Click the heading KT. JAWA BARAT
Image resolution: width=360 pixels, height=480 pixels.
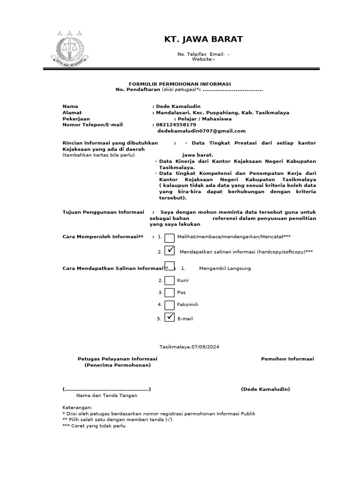[203, 39]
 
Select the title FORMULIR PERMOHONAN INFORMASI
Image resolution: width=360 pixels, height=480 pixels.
[180, 83]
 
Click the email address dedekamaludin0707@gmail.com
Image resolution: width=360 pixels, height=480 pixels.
[201, 131]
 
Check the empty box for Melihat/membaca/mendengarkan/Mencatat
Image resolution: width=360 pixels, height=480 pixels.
[170, 238]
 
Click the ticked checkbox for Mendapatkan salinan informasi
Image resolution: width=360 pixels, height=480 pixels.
[170, 251]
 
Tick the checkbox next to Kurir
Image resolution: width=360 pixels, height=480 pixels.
[170, 280]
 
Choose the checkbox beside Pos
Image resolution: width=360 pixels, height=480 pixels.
[170, 292]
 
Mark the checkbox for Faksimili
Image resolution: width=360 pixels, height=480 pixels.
[170, 305]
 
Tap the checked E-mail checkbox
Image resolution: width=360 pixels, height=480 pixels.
[170, 318]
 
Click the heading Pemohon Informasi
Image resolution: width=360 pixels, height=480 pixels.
[287, 359]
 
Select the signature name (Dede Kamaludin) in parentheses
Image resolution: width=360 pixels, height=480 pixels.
[265, 389]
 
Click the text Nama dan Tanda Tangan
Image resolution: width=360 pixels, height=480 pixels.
[107, 396]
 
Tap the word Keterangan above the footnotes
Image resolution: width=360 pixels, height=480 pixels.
[77, 408]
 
